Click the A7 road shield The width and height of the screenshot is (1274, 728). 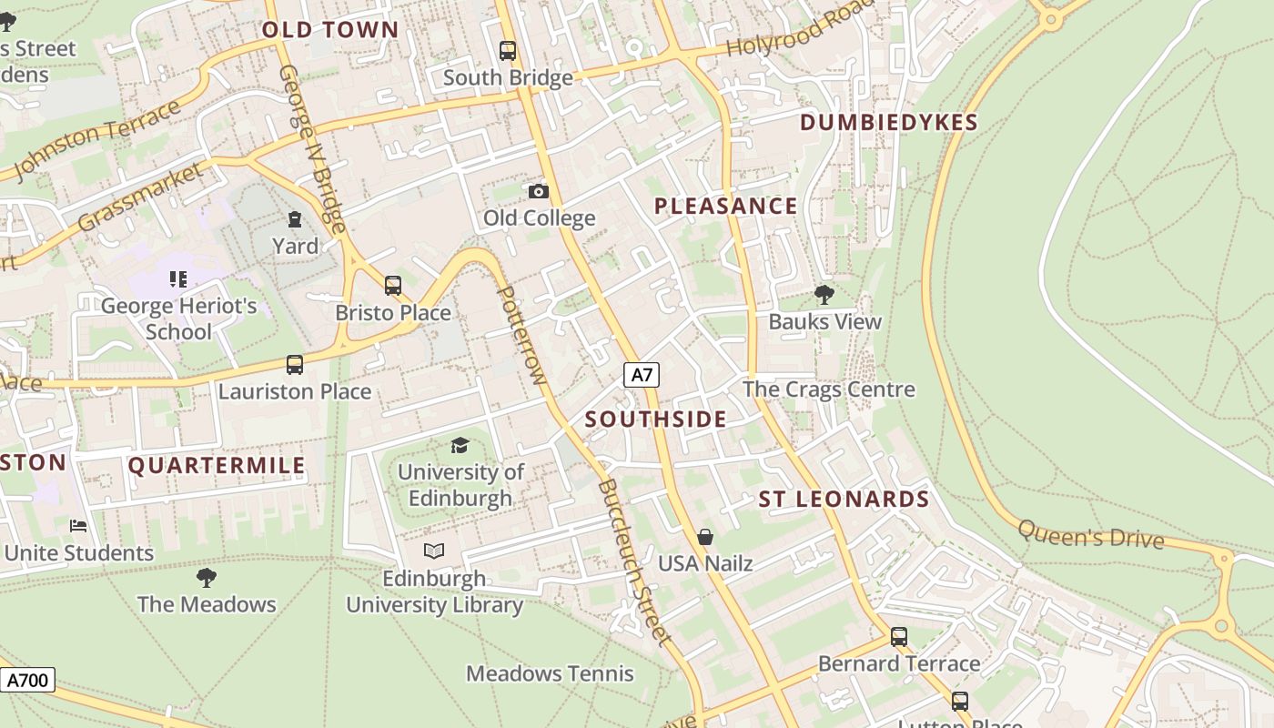642,374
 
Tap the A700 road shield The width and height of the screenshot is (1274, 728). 27,680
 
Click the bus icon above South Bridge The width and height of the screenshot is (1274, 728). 508,51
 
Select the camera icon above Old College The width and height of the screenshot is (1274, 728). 539,191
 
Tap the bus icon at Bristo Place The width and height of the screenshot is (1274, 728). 393,286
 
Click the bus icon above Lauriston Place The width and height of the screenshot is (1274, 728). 295,365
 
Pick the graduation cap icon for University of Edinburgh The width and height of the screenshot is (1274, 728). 460,445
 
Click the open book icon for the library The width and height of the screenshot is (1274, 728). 434,551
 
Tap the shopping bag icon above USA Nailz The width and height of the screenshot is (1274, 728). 705,537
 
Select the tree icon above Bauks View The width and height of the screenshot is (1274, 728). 824,294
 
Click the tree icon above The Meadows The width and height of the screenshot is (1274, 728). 207,577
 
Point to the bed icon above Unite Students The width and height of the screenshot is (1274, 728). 79,526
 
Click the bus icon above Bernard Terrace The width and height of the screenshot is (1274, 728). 899,637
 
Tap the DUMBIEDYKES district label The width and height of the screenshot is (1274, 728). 888,123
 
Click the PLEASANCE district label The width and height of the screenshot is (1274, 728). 725,207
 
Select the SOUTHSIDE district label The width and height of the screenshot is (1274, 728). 655,420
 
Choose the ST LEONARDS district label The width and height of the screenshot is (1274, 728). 844,500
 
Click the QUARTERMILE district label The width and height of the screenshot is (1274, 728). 217,467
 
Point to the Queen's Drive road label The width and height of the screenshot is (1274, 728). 1090,534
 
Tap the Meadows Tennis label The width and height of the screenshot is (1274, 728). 550,674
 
